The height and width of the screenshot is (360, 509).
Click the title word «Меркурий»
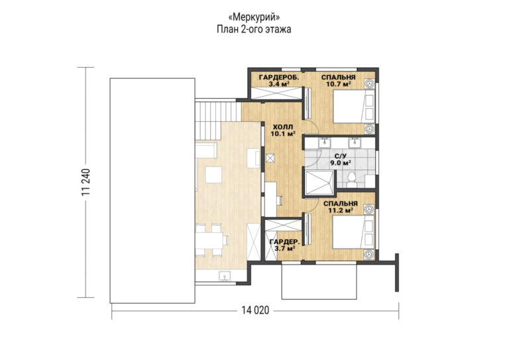coord(254,17)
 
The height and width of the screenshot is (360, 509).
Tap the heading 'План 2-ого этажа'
coord(254,29)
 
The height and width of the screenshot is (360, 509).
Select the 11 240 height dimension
coord(85,182)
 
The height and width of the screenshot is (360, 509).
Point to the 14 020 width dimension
coord(255,310)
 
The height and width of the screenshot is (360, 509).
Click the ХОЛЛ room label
coord(282,127)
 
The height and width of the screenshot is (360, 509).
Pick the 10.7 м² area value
coord(338,84)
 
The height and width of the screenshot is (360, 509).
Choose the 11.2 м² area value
coord(341,210)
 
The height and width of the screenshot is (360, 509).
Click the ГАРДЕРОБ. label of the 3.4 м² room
coord(279,78)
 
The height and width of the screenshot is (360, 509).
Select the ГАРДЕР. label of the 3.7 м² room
coord(285,242)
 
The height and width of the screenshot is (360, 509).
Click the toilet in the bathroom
coord(351,180)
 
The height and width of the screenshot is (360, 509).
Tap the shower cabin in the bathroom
coord(319,183)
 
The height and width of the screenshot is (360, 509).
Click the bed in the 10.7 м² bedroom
coord(354,107)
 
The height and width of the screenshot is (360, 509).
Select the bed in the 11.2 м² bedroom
coord(354,233)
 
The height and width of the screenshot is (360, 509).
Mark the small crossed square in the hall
coord(270,158)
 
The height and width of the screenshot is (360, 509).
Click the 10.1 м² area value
coord(283,133)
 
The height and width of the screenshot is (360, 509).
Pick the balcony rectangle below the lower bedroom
coord(319,281)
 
